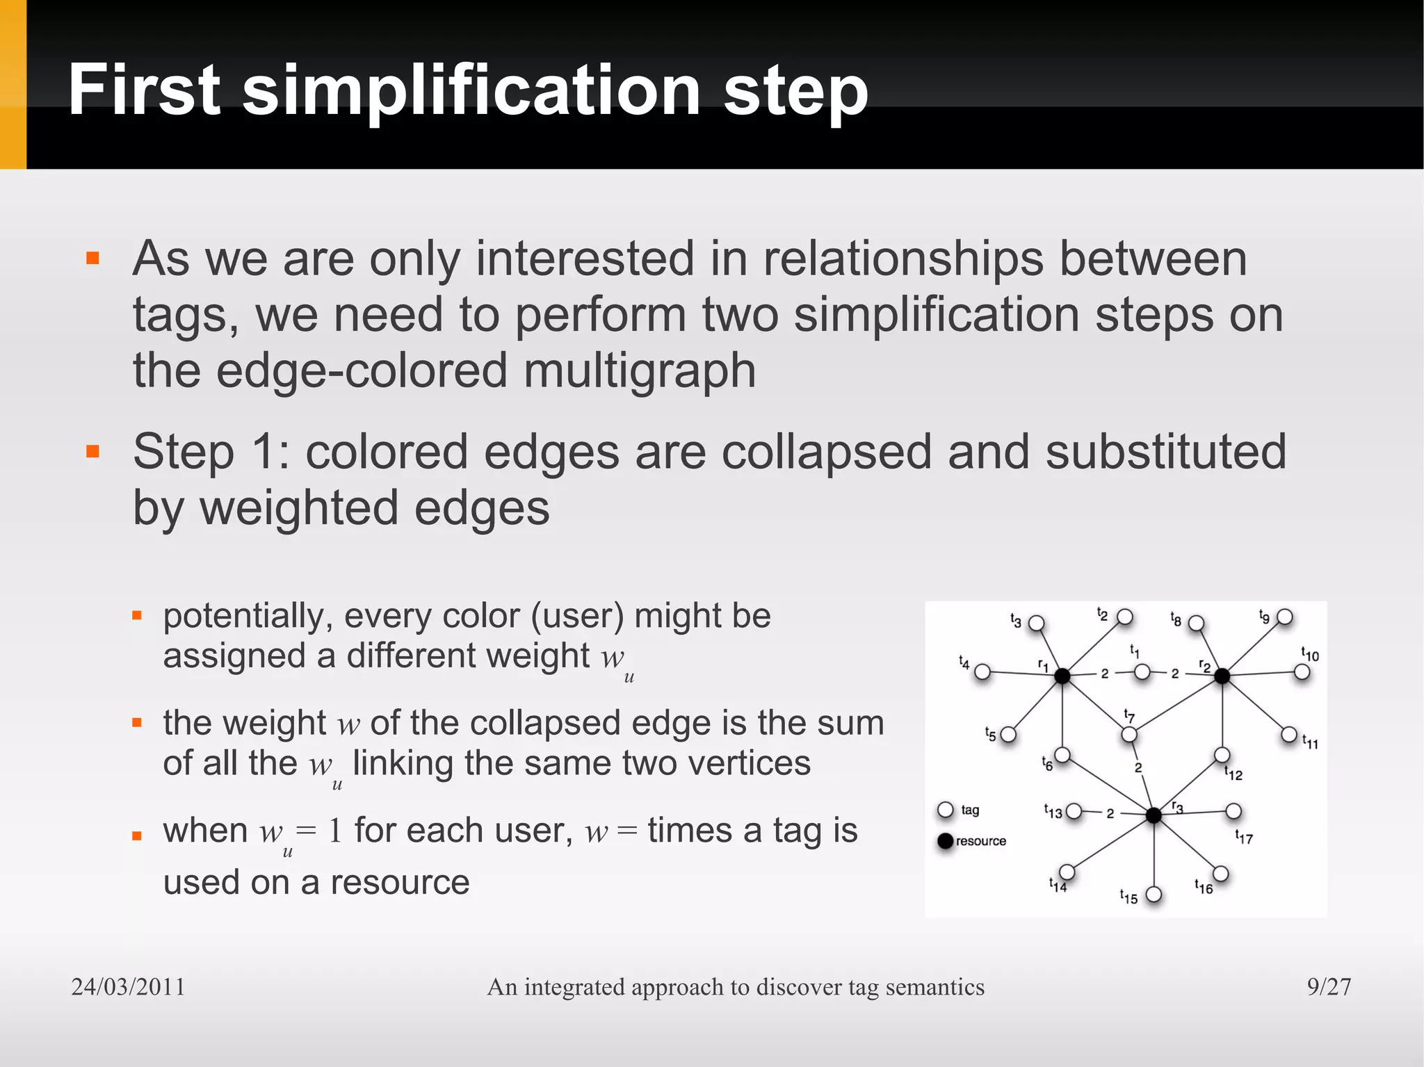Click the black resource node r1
click(x=1062, y=675)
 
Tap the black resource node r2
click(x=1222, y=675)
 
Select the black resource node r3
click(x=1154, y=815)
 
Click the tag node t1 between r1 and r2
click(x=1142, y=672)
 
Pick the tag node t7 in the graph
click(x=1129, y=734)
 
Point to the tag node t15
click(x=1154, y=894)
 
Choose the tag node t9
click(x=1285, y=617)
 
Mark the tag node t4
click(x=982, y=671)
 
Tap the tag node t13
click(x=1074, y=811)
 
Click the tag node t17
click(x=1233, y=811)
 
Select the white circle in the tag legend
click(x=946, y=810)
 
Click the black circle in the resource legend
click(x=946, y=841)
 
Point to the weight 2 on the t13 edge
click(x=1110, y=813)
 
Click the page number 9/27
click(x=1329, y=986)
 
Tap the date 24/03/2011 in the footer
click(x=129, y=986)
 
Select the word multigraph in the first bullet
click(x=639, y=370)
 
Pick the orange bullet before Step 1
click(x=93, y=452)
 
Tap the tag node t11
click(x=1289, y=734)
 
